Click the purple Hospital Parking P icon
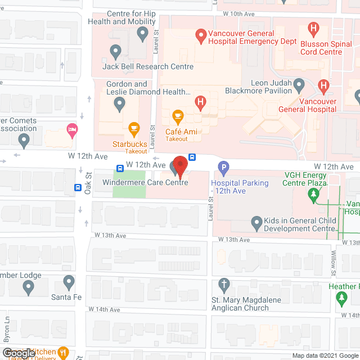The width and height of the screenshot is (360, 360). pyautogui.click(x=224, y=167)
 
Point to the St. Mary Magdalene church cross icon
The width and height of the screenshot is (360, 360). pyautogui.click(x=224, y=284)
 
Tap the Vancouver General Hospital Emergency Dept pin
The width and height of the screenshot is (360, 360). pyautogui.click(x=200, y=37)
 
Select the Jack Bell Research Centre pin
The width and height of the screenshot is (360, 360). pyautogui.click(x=116, y=53)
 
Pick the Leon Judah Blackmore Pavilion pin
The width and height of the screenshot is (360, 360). pyautogui.click(x=299, y=86)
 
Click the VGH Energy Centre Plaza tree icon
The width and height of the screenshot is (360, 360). pyautogui.click(x=313, y=195)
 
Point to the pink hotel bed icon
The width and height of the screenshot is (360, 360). pyautogui.click(x=71, y=130)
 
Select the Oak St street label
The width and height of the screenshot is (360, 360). pyautogui.click(x=88, y=183)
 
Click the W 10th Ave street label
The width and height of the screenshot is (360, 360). pyautogui.click(x=238, y=13)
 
